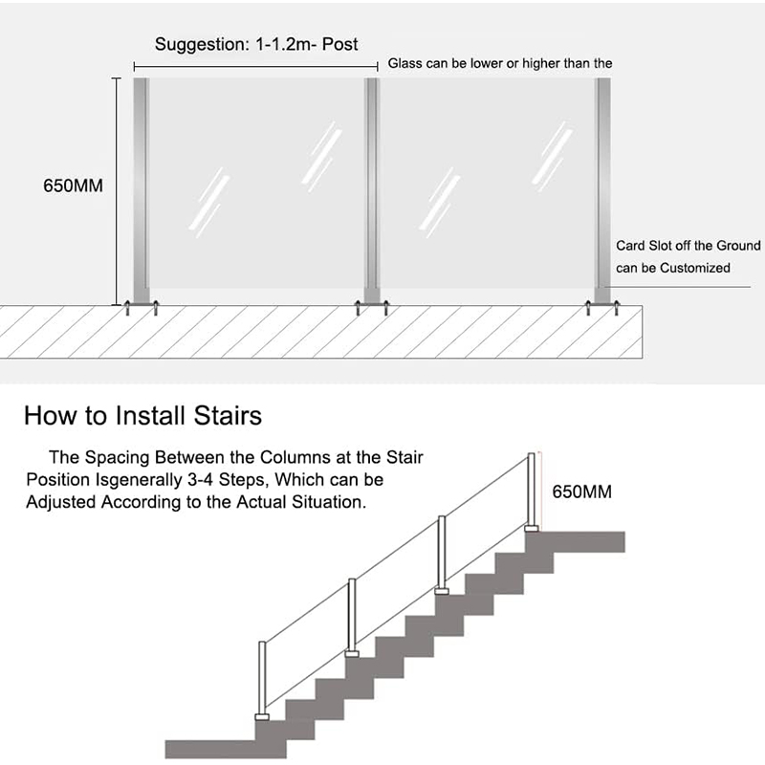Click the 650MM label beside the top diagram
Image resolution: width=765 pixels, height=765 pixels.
(x=73, y=186)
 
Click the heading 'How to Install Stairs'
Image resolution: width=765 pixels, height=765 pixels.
(x=142, y=416)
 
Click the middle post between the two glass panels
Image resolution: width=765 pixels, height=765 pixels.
(x=372, y=191)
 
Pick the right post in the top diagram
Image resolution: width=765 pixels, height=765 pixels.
(x=602, y=191)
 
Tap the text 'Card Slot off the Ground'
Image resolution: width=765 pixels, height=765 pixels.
(x=688, y=247)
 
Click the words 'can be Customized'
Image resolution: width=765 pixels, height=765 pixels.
(x=672, y=268)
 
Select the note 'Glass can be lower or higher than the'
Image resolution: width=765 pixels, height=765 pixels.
(x=499, y=64)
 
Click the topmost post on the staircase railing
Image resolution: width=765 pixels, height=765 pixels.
(x=530, y=492)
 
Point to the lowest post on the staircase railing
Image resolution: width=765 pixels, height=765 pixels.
(x=262, y=679)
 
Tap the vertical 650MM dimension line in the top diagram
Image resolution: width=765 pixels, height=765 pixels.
(x=119, y=191)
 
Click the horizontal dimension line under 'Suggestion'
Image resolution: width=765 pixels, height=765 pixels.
(x=256, y=65)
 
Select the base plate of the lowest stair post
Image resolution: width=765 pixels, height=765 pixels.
(x=262, y=715)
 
